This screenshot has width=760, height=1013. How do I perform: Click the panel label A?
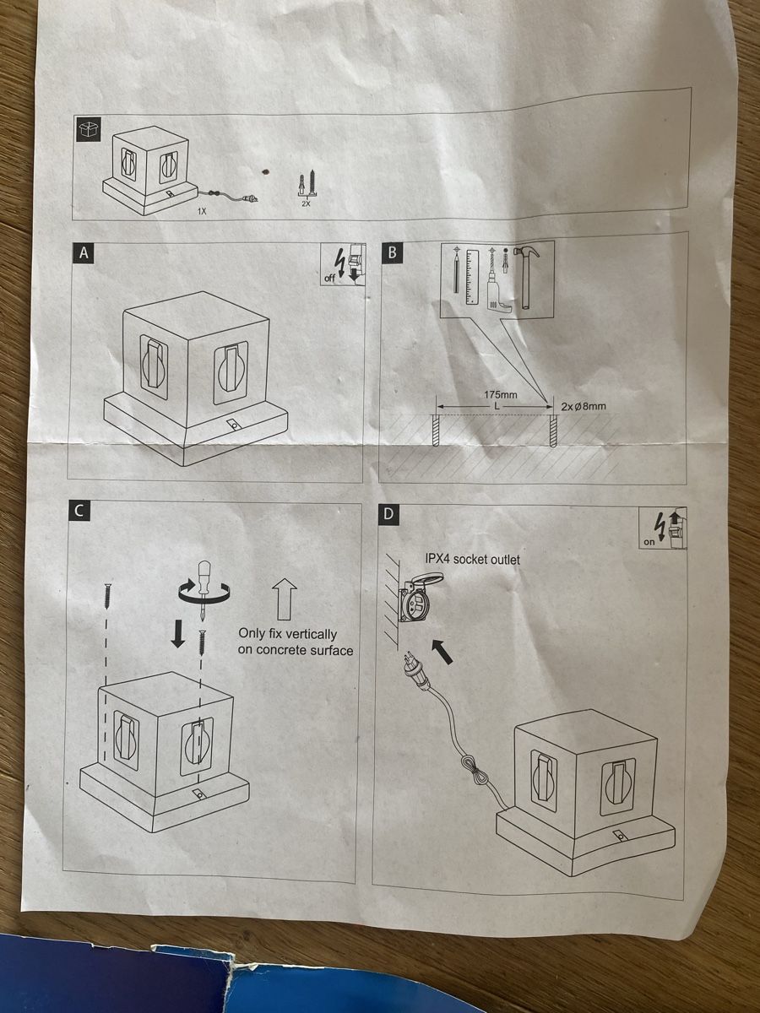(x=84, y=253)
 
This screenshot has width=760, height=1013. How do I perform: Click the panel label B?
(x=392, y=252)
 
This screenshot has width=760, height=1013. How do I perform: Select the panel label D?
(x=388, y=513)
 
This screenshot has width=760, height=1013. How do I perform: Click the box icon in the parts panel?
(x=87, y=129)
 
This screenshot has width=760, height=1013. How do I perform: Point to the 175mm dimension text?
(x=500, y=395)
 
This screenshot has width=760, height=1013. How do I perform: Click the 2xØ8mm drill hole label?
(x=584, y=407)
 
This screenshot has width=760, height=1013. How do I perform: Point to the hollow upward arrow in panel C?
(x=284, y=599)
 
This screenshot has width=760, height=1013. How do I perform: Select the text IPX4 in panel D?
(x=437, y=560)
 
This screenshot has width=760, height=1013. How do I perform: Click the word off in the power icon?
(x=329, y=279)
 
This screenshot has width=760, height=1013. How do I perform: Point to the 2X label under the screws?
(x=306, y=203)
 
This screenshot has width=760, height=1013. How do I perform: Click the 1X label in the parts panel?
(x=202, y=211)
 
